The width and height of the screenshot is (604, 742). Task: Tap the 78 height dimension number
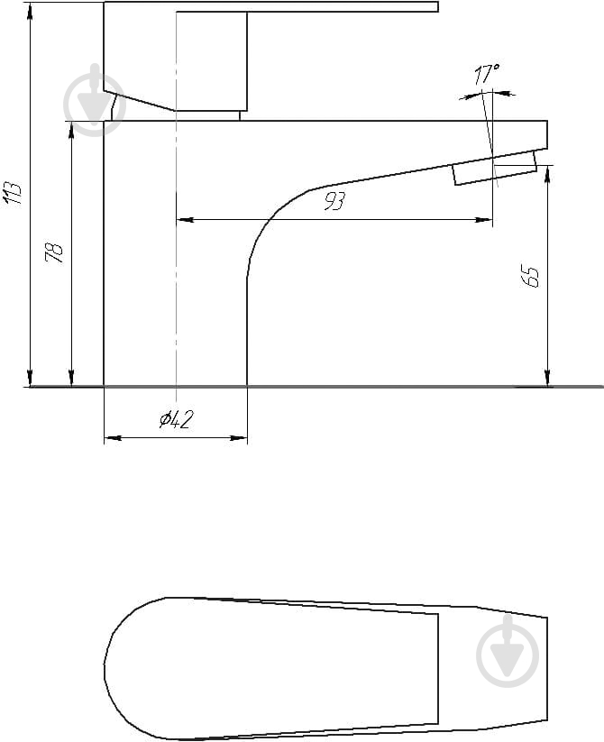54,252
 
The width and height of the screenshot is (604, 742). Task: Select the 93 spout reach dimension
334,202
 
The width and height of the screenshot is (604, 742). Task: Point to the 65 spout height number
531,277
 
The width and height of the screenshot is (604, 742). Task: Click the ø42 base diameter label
177,419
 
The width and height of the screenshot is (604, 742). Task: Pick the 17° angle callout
487,74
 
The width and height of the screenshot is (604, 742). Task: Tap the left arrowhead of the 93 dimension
185,220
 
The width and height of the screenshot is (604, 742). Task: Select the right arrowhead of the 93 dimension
483,220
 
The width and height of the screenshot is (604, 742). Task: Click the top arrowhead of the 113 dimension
31,11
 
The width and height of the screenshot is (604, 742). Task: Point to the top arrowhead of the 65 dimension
547,174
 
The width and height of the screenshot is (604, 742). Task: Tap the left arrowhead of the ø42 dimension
113,438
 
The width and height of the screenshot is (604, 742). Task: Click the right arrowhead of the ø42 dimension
238,438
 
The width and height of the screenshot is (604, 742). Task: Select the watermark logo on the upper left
95,100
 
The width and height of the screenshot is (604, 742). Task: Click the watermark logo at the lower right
508,651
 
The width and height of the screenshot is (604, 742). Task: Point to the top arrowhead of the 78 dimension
71,130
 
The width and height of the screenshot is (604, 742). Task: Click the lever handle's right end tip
437,6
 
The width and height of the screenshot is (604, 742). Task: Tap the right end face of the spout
547,135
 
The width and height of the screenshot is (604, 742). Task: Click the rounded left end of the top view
114,668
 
